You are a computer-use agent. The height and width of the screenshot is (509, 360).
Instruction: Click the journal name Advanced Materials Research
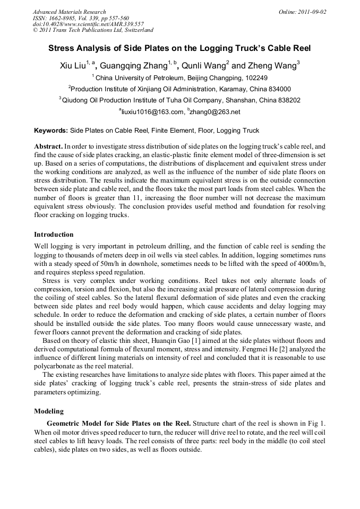tap(69, 12)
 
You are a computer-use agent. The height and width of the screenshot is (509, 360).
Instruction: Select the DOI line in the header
tap(80, 24)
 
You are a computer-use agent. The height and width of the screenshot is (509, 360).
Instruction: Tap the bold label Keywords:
tap(51, 130)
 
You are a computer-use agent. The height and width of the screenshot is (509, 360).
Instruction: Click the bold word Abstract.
tap(48, 145)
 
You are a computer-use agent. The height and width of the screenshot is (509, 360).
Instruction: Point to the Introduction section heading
tap(54, 234)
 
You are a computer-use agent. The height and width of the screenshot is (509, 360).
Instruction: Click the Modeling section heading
tap(49, 411)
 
